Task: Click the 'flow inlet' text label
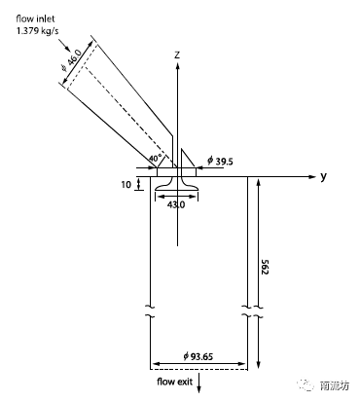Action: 35,18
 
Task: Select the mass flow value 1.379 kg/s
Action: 38,31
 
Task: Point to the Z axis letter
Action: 177,55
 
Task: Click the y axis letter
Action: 323,177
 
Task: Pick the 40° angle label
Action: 156,159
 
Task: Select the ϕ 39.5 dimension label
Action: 220,162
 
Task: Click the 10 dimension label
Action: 126,185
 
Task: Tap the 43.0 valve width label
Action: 176,204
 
